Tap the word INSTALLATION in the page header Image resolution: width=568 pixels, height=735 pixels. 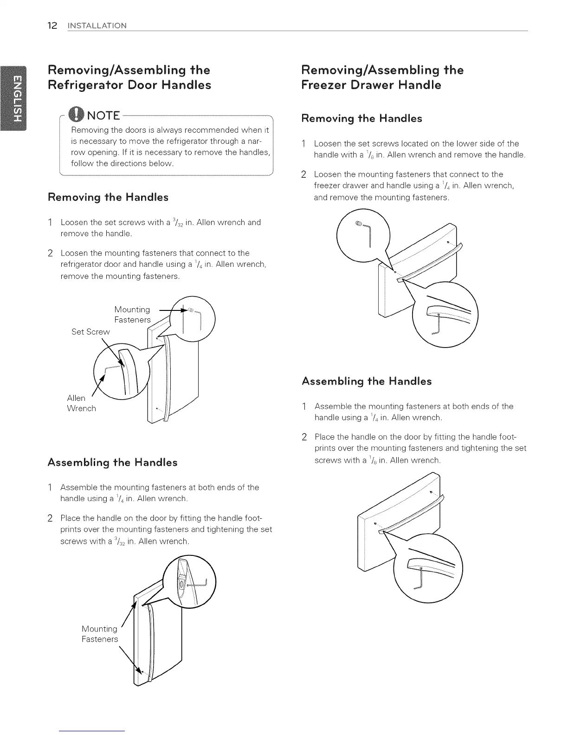[x=97, y=26]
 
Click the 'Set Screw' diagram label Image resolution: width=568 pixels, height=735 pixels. [x=90, y=332]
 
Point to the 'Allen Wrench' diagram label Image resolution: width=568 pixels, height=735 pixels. [x=81, y=403]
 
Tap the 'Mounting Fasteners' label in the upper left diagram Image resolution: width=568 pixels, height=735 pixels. [x=132, y=315]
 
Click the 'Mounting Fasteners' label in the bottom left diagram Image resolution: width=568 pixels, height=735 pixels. [x=99, y=634]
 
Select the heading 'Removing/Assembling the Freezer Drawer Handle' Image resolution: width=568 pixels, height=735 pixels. [x=382, y=77]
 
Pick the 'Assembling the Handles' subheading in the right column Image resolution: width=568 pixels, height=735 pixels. [x=367, y=381]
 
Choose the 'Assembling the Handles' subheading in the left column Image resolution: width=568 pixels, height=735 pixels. [x=112, y=463]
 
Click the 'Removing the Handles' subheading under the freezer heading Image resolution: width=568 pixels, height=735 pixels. [x=362, y=119]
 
